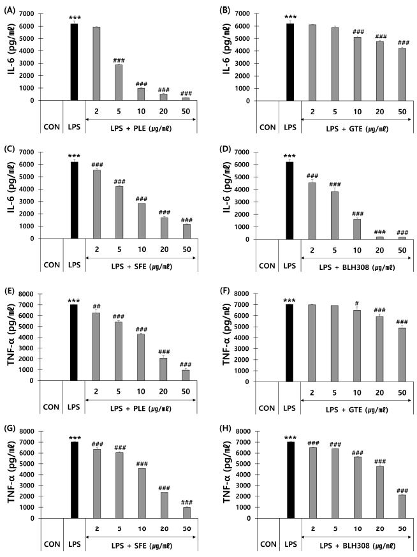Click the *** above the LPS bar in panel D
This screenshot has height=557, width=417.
tap(291, 156)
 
